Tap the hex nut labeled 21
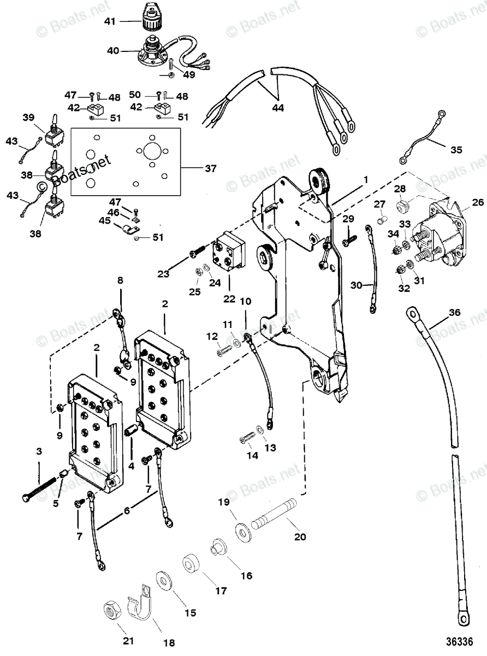pyautogui.click(x=113, y=610)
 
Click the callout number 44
pyautogui.click(x=278, y=108)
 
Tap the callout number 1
pyautogui.click(x=366, y=179)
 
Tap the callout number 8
pyautogui.click(x=121, y=280)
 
